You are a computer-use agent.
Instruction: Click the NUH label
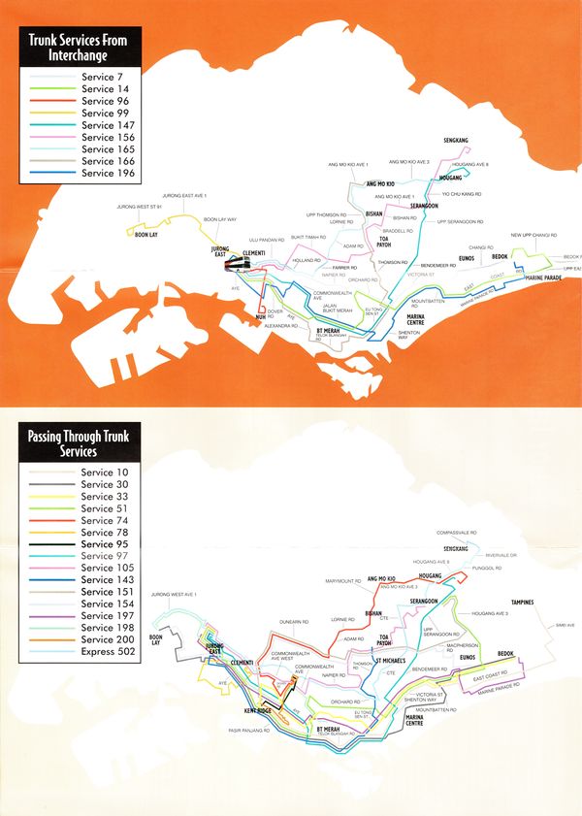[261, 317]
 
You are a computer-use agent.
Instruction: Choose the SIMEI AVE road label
[566, 625]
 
